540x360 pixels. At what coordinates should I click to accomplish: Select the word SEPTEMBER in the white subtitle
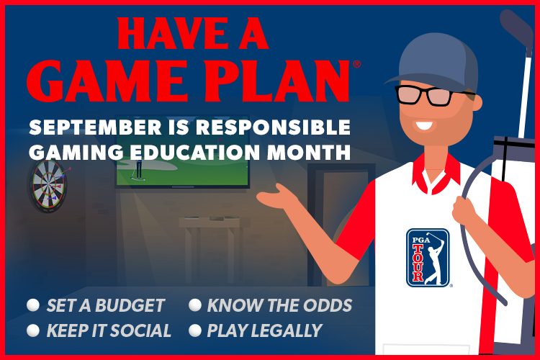tap(95, 127)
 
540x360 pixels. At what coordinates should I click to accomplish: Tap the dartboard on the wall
tap(48, 185)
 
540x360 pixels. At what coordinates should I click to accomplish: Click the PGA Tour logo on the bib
tap(428, 258)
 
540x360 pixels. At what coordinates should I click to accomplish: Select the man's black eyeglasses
tap(431, 95)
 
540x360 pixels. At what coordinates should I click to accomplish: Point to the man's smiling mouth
tap(424, 125)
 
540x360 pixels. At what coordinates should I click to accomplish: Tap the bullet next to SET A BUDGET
tap(33, 305)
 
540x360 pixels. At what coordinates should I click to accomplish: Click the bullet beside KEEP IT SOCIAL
tap(33, 330)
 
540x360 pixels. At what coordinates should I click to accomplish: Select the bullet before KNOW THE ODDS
tap(195, 305)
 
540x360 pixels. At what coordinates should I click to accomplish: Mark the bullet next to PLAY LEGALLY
tap(195, 330)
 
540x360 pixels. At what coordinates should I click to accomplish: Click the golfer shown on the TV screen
tap(138, 169)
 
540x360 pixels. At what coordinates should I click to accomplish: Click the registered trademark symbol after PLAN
tap(357, 64)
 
